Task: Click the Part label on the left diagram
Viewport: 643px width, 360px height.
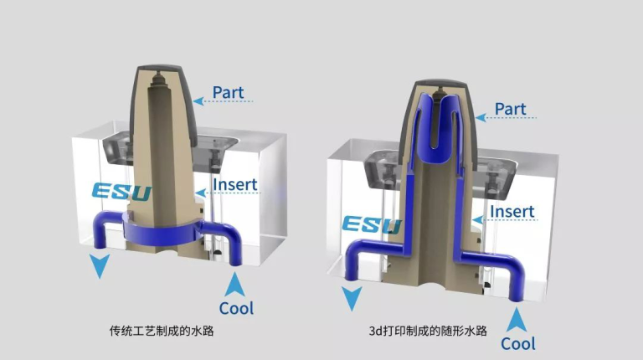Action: tap(228, 93)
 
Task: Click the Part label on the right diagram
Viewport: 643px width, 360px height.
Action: tap(510, 109)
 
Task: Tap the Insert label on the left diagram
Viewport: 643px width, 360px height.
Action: tap(235, 184)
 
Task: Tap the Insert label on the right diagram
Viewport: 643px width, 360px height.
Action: tap(512, 212)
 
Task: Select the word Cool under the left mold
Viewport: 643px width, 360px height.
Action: tap(236, 308)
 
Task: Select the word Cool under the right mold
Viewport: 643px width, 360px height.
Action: tap(518, 343)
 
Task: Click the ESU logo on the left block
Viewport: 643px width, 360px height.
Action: tap(121, 192)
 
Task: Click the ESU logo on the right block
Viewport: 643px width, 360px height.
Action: tap(372, 224)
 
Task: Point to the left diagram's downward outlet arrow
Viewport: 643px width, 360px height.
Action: tap(100, 265)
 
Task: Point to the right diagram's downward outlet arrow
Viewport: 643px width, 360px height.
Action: tap(352, 298)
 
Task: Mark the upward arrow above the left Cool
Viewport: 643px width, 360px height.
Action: tap(234, 285)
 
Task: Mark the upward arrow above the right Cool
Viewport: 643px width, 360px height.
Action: tap(517, 320)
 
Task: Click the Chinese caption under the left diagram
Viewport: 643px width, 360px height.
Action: tap(162, 331)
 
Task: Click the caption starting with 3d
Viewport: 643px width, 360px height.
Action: tap(428, 331)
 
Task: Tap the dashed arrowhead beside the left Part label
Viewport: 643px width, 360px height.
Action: tap(198, 100)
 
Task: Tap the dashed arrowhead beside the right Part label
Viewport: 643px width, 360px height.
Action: tap(481, 118)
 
